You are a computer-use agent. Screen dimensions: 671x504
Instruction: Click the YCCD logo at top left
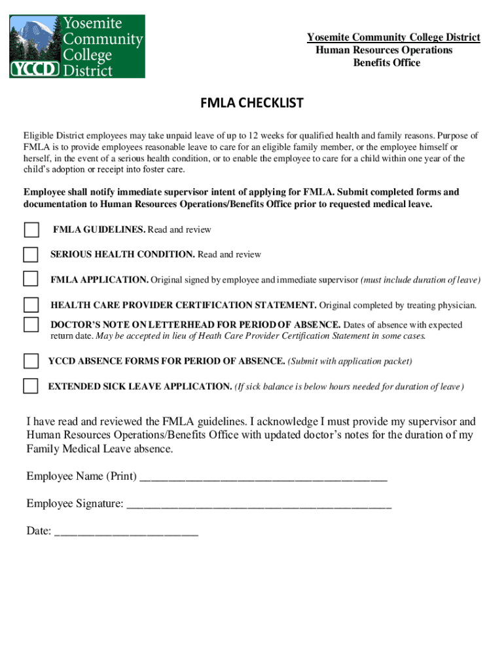tap(77, 46)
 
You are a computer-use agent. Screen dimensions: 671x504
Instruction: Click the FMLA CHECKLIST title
tap(252, 104)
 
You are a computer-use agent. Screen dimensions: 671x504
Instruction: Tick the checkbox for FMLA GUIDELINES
tap(31, 230)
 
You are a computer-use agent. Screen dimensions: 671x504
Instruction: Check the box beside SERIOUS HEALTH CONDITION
tap(31, 254)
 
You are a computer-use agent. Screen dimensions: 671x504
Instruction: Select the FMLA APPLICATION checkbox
tap(31, 279)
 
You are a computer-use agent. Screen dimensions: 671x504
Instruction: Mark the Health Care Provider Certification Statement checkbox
tap(31, 305)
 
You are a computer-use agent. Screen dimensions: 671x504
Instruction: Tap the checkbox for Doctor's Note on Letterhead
tap(31, 324)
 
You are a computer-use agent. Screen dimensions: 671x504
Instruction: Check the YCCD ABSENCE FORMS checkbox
tap(31, 361)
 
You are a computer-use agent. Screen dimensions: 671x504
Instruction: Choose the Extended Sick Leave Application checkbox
tap(30, 386)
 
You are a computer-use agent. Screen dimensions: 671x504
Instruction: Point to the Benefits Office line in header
tap(386, 63)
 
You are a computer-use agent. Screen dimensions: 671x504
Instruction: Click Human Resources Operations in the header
tap(384, 50)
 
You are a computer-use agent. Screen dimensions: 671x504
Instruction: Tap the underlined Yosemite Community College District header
tap(393, 37)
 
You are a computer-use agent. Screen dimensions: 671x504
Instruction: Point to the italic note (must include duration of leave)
tap(420, 280)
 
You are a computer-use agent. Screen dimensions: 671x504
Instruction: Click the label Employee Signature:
tap(75, 504)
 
